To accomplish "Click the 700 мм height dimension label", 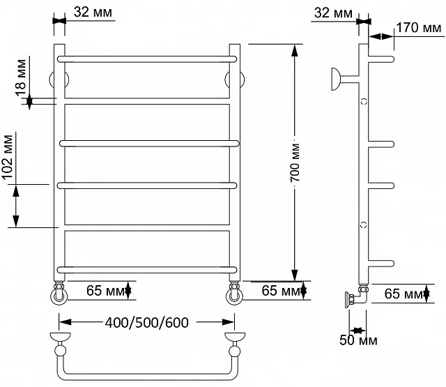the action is coord(295,162).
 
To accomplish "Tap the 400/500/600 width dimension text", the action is coord(147,322).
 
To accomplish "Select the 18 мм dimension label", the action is coord(21,77).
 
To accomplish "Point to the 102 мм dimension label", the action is coord(8,158).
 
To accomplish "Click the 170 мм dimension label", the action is coord(419,28).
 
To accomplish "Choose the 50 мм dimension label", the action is coord(358,340).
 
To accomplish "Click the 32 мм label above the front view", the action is coord(93,12).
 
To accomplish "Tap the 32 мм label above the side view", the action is coord(333,13).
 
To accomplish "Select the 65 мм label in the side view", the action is coord(403,294).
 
